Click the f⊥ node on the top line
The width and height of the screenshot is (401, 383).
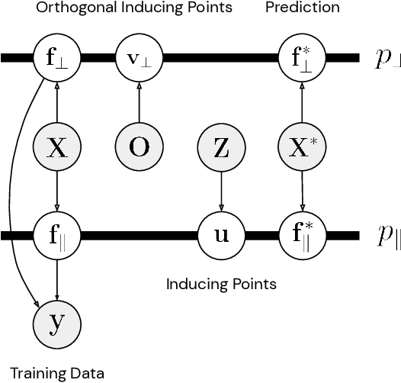click(x=57, y=57)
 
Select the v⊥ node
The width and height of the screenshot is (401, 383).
click(x=139, y=57)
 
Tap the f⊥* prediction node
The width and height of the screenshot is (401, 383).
click(x=303, y=57)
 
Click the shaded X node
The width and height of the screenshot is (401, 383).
click(x=57, y=147)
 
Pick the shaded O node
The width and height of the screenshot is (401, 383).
click(x=139, y=147)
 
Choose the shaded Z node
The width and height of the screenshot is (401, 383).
click(x=221, y=147)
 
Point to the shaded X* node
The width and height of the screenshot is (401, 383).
click(x=303, y=147)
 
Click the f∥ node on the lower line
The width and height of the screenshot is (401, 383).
click(x=57, y=234)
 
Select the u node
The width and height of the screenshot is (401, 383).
click(x=221, y=234)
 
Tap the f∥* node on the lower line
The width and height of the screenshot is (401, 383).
click(x=303, y=234)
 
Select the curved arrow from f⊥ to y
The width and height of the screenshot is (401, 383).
click(x=17, y=191)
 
